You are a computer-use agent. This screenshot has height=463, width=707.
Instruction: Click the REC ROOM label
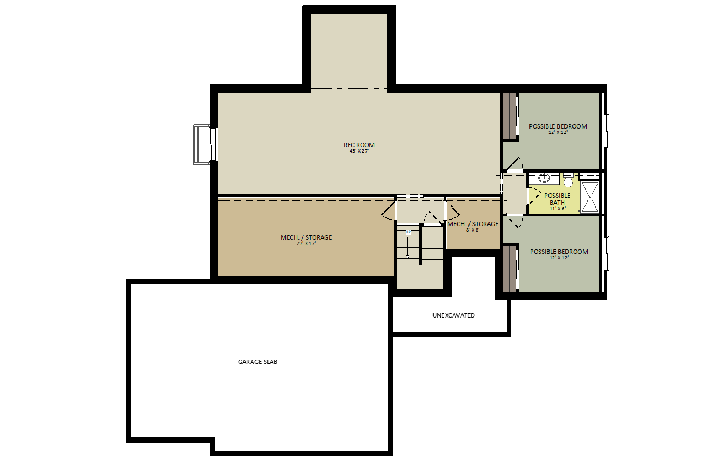pyautogui.click(x=359, y=145)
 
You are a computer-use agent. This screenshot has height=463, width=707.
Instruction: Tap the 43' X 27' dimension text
pyautogui.click(x=359, y=151)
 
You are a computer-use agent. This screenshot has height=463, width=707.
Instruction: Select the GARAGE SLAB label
pyautogui.click(x=258, y=362)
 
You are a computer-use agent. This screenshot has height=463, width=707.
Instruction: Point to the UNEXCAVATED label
pyautogui.click(x=454, y=315)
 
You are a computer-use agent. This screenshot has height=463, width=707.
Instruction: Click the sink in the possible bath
pyautogui.click(x=544, y=178)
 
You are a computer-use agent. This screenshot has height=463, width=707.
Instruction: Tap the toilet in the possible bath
pyautogui.click(x=568, y=180)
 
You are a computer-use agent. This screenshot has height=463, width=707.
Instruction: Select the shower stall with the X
pyautogui.click(x=589, y=197)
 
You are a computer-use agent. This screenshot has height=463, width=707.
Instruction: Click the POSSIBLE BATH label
pyautogui.click(x=557, y=199)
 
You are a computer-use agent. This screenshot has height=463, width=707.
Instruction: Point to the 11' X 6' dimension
pyautogui.click(x=557, y=209)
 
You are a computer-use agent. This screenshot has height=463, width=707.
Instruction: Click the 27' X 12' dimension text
pyautogui.click(x=306, y=243)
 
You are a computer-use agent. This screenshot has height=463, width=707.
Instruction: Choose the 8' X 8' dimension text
pyautogui.click(x=472, y=230)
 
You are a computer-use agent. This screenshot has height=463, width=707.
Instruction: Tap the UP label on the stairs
pyautogui.click(x=408, y=232)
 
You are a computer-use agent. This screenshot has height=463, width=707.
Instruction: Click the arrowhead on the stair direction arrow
pyautogui.click(x=408, y=257)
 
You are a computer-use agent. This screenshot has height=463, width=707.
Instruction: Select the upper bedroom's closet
pyautogui.click(x=510, y=116)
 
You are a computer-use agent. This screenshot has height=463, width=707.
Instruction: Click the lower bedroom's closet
pyautogui.click(x=510, y=269)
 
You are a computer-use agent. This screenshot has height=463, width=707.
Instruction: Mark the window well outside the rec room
pyautogui.click(x=202, y=144)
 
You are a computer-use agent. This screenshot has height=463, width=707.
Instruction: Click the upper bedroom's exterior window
pyautogui.click(x=606, y=131)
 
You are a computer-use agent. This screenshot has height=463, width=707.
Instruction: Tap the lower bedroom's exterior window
pyautogui.click(x=606, y=253)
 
